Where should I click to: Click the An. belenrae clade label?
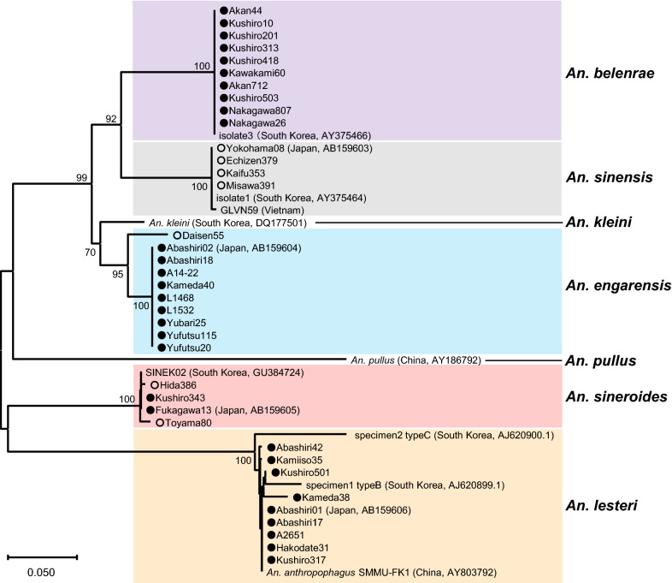click(x=612, y=73)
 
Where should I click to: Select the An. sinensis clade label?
click(x=612, y=178)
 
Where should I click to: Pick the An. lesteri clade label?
click(x=608, y=509)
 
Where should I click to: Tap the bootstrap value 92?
click(x=110, y=119)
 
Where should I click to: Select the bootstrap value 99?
click(x=81, y=176)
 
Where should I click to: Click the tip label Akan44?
click(x=243, y=10)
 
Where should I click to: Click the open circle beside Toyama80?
click(x=159, y=423)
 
